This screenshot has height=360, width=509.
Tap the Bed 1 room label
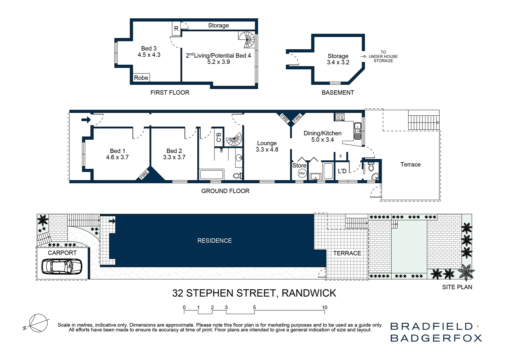(x=117, y=151)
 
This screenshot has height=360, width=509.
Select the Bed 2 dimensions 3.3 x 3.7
(x=174, y=157)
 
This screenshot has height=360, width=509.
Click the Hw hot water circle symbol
(x=302, y=173)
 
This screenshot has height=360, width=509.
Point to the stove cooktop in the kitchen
(x=340, y=117)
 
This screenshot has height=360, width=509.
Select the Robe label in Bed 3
(x=141, y=78)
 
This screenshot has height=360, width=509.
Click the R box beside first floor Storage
(x=176, y=29)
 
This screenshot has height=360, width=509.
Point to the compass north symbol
(x=37, y=323)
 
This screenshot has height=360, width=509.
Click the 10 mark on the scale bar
(x=324, y=308)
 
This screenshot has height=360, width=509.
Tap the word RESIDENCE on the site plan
(x=214, y=241)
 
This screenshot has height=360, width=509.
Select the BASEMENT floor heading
(x=337, y=93)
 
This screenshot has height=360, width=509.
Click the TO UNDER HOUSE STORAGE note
(x=383, y=56)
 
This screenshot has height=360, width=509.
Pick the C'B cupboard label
(x=219, y=137)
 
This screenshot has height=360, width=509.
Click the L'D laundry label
(x=342, y=171)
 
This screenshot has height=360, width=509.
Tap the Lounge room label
(x=266, y=143)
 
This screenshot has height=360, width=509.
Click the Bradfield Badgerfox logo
(x=436, y=332)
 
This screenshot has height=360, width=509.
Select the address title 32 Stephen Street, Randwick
(x=254, y=293)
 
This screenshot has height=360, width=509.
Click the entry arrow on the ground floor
(x=86, y=120)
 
